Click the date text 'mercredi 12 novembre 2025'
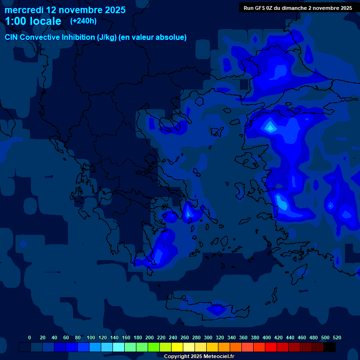(x=65, y=10)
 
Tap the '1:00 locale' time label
(x=33, y=22)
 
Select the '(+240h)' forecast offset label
(x=83, y=21)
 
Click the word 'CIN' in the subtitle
(x=12, y=37)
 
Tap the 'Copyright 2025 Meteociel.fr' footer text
(x=199, y=357)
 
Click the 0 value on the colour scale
(x=30, y=338)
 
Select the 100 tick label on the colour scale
(x=91, y=338)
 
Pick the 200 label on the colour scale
(x=150, y=338)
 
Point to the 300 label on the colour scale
(x=208, y=338)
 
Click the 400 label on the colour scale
(x=267, y=338)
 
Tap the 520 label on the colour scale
(x=337, y=338)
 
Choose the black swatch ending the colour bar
(x=330, y=347)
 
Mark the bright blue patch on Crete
(x=217, y=309)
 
